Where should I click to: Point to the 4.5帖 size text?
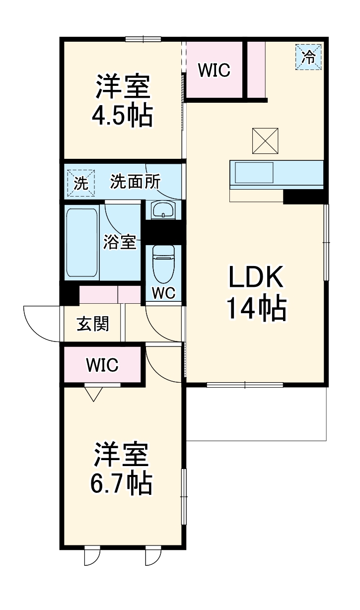[122, 116]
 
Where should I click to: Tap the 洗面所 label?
[135, 182]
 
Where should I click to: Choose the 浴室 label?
[120, 242]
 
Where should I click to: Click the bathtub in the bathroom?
[82, 243]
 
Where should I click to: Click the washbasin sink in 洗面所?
[163, 211]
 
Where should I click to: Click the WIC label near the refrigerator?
[215, 71]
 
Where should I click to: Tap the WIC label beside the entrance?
[102, 365]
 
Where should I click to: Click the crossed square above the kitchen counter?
[266, 140]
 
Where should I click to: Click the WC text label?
[163, 293]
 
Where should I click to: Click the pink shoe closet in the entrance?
[110, 295]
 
